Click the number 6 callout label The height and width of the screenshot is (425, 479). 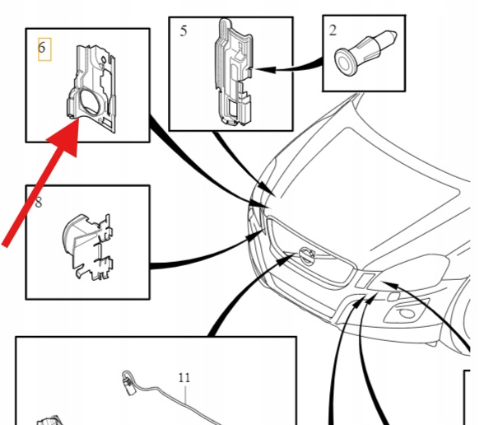[41, 48]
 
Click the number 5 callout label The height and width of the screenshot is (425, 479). [184, 30]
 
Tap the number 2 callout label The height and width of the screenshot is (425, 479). [333, 30]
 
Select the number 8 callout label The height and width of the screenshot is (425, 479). [39, 203]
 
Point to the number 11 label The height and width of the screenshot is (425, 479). [184, 378]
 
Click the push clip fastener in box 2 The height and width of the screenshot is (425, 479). [365, 53]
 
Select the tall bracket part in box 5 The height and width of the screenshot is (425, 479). [234, 72]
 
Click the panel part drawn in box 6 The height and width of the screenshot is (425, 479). [91, 89]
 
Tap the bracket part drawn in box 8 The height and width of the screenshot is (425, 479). [88, 246]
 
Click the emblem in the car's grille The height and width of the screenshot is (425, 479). [307, 255]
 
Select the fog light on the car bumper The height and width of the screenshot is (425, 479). [406, 313]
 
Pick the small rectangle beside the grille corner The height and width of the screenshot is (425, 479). [365, 281]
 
